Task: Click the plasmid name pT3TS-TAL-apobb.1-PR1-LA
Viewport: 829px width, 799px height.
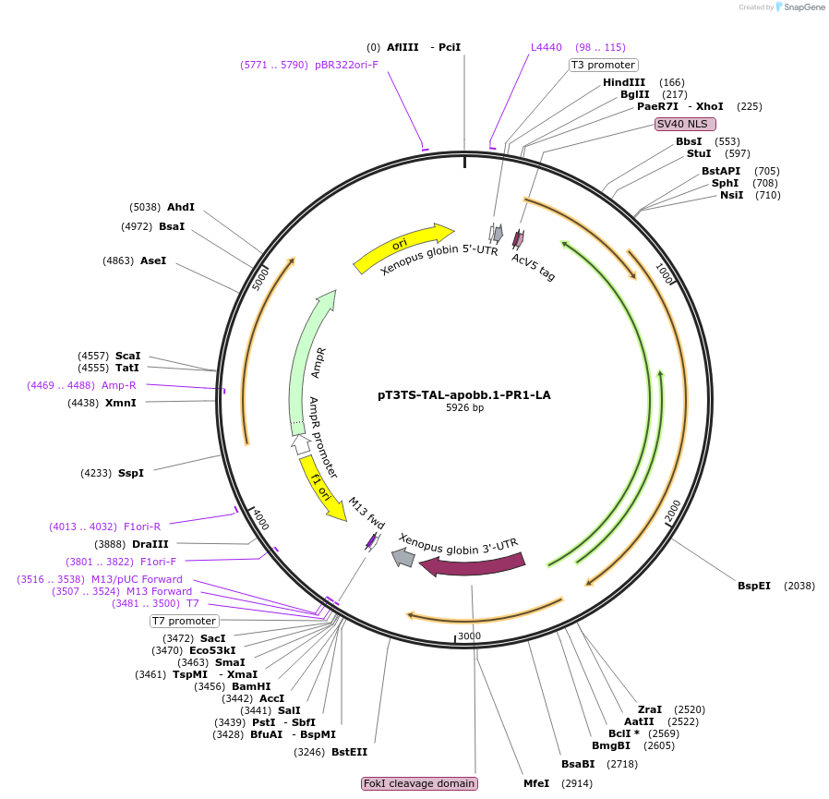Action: (463, 394)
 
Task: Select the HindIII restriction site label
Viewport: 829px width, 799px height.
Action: (624, 82)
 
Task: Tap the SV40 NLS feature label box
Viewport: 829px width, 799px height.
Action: (685, 123)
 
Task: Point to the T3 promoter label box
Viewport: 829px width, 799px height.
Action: (603, 65)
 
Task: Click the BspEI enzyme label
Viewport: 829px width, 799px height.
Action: (753, 586)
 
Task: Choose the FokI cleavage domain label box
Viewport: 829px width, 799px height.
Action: (420, 783)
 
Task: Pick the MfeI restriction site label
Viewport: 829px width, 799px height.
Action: (536, 783)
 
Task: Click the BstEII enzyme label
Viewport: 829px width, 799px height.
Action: (349, 752)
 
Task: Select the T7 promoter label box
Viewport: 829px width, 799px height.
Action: (185, 621)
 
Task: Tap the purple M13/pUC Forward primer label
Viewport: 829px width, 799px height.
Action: (137, 579)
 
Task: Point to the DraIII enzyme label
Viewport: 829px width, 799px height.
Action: (150, 544)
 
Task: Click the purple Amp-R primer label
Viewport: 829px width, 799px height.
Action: (119, 385)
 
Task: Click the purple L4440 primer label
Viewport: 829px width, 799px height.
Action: (546, 47)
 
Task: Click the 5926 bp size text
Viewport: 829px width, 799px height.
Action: (463, 407)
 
